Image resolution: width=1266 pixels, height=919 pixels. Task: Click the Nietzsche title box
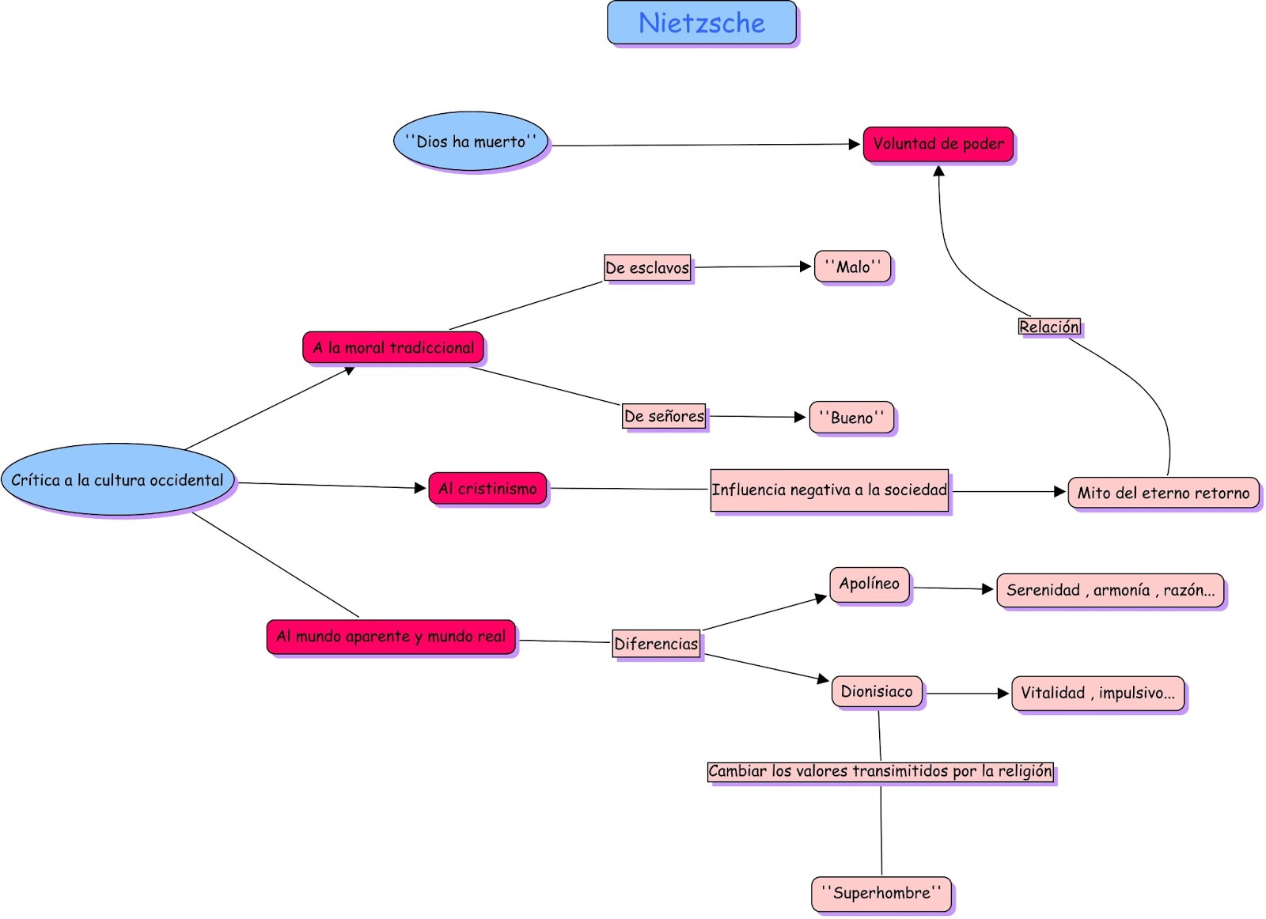tap(702, 23)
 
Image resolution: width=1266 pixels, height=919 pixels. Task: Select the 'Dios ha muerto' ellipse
tap(471, 142)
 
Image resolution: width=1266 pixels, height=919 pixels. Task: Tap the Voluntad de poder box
tap(938, 144)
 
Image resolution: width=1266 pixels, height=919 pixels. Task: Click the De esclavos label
tap(647, 268)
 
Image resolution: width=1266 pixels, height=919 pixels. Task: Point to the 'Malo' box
tap(852, 267)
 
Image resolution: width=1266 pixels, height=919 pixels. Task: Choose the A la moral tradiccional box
tap(393, 348)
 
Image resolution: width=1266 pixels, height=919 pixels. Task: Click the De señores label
tap(664, 416)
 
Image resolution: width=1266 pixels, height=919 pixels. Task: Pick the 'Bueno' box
tap(851, 418)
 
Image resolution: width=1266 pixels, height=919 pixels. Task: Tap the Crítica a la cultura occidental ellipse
tap(118, 480)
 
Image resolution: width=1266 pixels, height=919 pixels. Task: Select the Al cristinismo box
tap(487, 489)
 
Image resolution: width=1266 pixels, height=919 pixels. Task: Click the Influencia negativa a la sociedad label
tap(829, 490)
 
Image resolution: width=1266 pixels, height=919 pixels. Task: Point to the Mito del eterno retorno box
tap(1163, 493)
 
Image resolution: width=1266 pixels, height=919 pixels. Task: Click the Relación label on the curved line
tap(1048, 327)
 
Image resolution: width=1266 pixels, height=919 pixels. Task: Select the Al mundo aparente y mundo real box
tap(391, 637)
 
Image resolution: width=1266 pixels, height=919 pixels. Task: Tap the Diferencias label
tap(656, 644)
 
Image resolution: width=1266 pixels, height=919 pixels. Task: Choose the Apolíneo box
tap(870, 584)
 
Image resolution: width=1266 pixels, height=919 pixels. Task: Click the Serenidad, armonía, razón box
tap(1110, 590)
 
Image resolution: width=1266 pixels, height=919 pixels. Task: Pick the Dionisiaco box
tap(877, 692)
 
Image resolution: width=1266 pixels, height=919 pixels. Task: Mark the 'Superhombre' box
tap(881, 894)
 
